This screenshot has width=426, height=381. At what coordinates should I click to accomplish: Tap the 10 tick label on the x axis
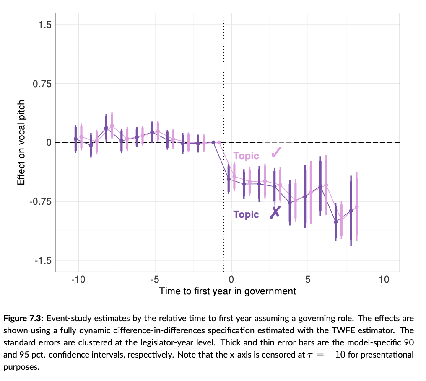point(384,279)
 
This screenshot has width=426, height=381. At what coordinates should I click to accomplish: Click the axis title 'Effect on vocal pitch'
point(21,142)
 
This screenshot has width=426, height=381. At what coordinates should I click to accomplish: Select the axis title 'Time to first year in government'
point(227,291)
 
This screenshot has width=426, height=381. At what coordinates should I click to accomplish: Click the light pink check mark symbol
point(276,152)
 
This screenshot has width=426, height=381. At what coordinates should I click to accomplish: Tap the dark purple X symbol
point(275,213)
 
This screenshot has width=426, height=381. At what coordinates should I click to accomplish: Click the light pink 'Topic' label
point(246,156)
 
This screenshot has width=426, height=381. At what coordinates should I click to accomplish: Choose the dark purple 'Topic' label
point(246,215)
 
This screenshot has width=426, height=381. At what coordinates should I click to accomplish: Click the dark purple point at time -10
point(75,139)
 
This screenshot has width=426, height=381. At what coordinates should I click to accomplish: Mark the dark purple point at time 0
point(229,179)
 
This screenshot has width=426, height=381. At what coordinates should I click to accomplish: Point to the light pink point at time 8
point(357,207)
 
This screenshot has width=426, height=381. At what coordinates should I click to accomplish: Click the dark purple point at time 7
point(335,222)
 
